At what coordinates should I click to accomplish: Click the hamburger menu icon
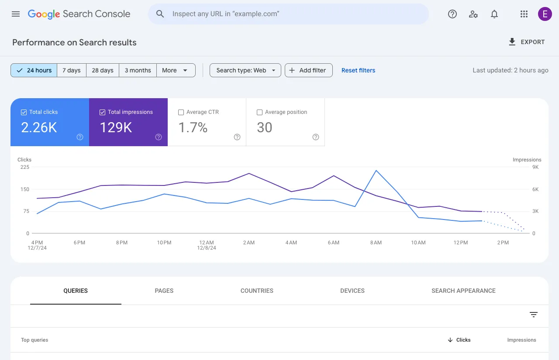16,14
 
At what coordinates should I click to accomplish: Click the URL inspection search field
288,14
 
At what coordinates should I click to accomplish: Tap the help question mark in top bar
452,14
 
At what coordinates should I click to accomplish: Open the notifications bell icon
494,14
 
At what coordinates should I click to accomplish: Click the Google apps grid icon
524,14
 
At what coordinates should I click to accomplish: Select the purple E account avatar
545,14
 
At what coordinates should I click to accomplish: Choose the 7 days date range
72,70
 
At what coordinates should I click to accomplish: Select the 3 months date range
138,70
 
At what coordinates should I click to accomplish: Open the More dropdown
175,70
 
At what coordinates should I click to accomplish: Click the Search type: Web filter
245,70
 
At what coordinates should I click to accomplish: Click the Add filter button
308,70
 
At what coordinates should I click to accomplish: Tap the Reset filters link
358,70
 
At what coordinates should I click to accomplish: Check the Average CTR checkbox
181,112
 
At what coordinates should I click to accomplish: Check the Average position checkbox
260,112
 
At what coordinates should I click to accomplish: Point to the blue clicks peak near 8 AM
376,171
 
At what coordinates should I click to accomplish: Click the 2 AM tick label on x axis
249,243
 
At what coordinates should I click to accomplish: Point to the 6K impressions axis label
535,189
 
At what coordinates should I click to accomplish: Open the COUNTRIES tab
257,291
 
